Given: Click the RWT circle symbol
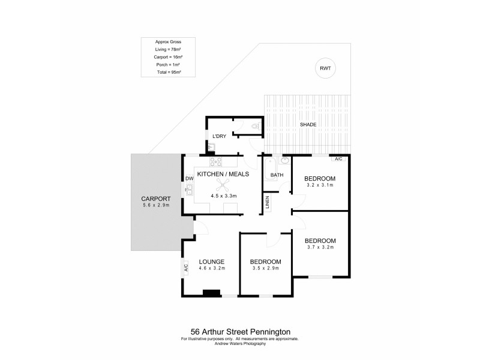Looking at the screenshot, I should (x=325, y=69).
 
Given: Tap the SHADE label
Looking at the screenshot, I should (x=308, y=124).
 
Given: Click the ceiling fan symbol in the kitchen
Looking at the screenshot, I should (x=223, y=185).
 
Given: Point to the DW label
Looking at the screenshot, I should (x=188, y=178).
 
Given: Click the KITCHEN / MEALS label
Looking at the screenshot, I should (x=223, y=173).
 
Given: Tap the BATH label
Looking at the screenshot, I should (x=277, y=175).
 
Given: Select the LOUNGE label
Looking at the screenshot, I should (x=212, y=262).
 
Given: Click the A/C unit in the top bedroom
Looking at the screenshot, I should (x=338, y=158).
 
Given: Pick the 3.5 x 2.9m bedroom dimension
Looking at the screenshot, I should (x=265, y=268).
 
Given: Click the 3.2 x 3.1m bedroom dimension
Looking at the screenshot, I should (x=319, y=185).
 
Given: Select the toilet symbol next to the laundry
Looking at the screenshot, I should (x=255, y=126).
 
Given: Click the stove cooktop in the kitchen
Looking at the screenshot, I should (x=215, y=161).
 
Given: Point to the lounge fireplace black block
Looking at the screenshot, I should (x=211, y=293).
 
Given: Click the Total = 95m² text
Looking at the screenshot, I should (x=169, y=72).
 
